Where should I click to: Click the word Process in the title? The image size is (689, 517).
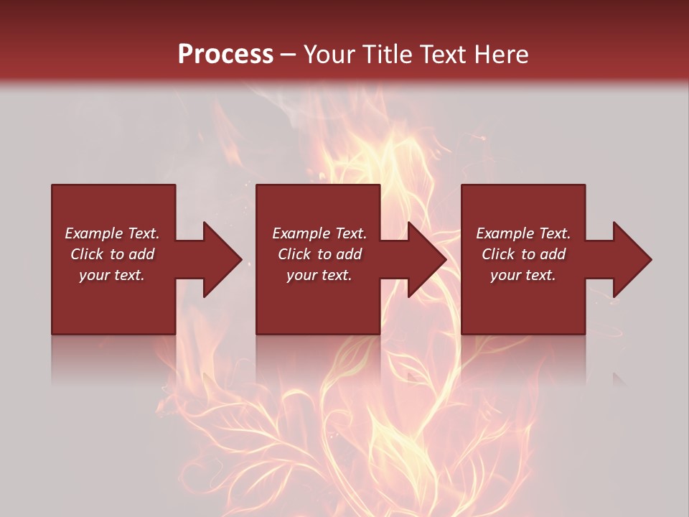tap(225, 55)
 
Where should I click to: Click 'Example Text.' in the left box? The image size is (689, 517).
tap(112, 233)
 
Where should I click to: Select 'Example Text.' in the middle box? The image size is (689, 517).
tap(319, 233)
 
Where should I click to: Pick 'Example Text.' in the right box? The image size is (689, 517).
tap(523, 233)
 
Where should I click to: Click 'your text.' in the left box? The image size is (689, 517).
tap(112, 275)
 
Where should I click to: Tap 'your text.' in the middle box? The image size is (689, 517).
tap(319, 275)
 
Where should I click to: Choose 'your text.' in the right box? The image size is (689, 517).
tap(523, 275)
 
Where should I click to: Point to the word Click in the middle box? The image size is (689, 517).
tap(294, 254)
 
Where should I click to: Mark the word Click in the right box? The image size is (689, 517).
tap(498, 254)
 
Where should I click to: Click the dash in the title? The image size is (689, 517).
tap(288, 55)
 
